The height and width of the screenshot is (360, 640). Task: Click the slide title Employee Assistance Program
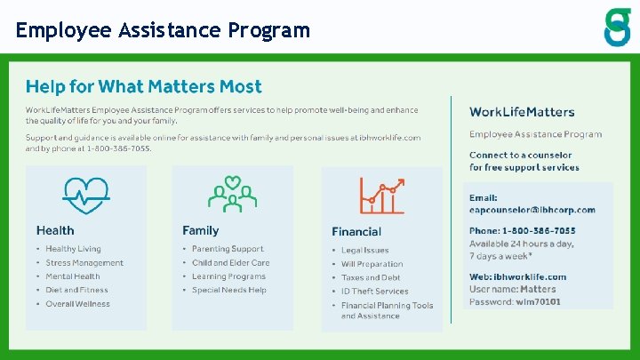coord(163,30)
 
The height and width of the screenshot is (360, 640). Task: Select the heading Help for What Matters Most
coord(143,86)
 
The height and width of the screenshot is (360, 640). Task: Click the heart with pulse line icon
coord(85,196)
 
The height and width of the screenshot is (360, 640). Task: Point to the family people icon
coord(232,195)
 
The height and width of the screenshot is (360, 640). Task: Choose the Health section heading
coord(55,230)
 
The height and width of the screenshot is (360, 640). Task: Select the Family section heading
coord(201,230)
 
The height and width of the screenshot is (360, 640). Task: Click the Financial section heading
coord(356,231)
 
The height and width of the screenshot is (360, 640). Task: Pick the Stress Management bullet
coord(84,263)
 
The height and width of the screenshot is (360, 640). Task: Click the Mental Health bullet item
coord(73,276)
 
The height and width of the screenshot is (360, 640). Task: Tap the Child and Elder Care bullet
coord(230,263)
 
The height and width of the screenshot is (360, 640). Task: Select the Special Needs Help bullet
coord(229,290)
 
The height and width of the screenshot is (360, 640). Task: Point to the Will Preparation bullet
coord(372,264)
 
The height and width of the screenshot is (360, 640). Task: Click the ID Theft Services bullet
coord(374,291)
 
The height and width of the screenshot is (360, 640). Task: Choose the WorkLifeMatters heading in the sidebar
coord(522,112)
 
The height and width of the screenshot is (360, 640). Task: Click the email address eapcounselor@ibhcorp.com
coord(532,210)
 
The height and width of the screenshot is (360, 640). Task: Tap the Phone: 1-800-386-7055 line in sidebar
coord(522,231)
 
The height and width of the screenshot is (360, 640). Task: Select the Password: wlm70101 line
coord(515,301)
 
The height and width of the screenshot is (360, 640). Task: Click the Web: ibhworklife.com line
coord(517,276)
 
